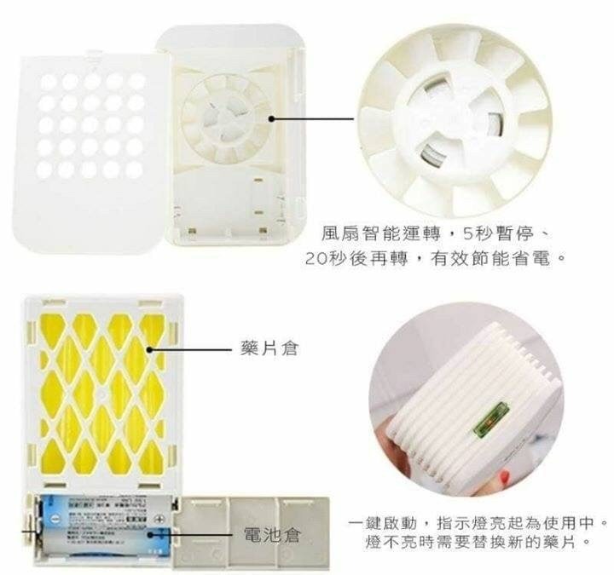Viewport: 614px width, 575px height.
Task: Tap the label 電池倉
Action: tap(272, 535)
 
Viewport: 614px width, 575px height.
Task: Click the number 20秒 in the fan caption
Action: tap(322, 256)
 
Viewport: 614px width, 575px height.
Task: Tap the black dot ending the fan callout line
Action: tap(271, 120)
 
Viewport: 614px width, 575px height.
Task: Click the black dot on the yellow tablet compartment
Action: tap(152, 348)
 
